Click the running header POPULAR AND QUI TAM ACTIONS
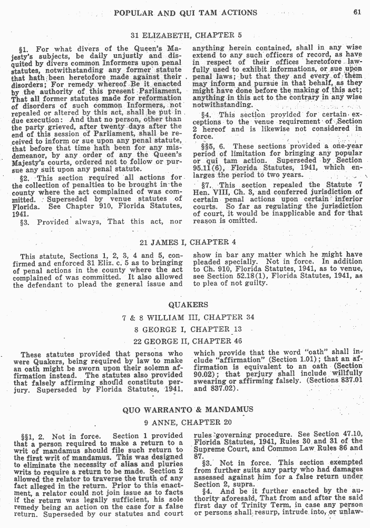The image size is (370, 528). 186,12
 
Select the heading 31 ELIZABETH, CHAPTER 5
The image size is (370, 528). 186,35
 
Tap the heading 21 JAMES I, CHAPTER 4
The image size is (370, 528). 186,242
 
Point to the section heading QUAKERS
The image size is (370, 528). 188,305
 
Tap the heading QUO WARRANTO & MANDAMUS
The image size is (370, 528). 188,409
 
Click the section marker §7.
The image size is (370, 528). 206,185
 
